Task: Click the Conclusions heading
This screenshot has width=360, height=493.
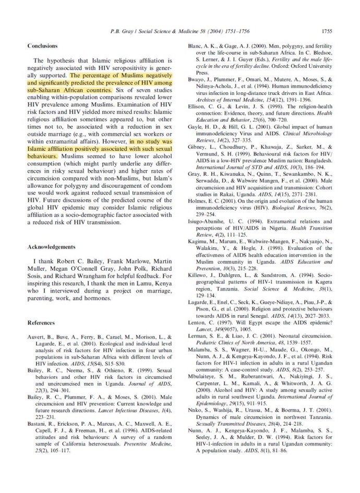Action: (43, 46)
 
